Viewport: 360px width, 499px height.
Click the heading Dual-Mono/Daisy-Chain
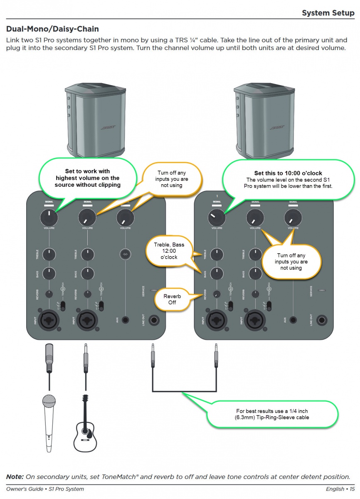[x=52, y=30]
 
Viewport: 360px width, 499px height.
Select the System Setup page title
[x=328, y=13]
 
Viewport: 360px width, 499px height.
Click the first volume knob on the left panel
[x=49, y=217]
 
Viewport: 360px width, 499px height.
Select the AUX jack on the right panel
[x=294, y=320]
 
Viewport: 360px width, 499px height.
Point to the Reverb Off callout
[x=169, y=299]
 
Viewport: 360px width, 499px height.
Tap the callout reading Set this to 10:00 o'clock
[x=288, y=179]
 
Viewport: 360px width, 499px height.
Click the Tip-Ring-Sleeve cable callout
[x=272, y=414]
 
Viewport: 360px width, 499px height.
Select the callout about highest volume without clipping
[x=87, y=178]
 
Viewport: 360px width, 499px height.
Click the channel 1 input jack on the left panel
[x=49, y=321]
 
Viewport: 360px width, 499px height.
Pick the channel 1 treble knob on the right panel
[x=216, y=253]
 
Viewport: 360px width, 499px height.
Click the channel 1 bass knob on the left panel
[x=49, y=273]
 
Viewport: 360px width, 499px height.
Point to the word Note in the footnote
[x=15, y=477]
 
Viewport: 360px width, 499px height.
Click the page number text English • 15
[x=340, y=489]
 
